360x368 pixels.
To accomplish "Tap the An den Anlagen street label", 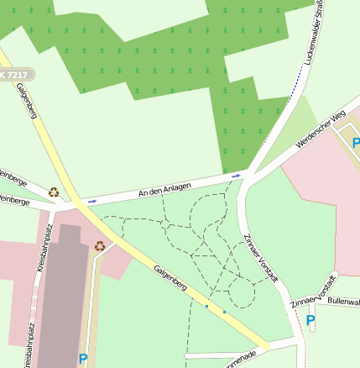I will [164, 190].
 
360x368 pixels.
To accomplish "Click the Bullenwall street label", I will [343, 300].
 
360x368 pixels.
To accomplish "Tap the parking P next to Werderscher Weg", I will [356, 144].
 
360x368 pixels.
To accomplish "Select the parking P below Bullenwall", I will [310, 320].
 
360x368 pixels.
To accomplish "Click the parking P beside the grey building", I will [83, 358].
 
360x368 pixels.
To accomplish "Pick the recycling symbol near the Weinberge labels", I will [54, 192].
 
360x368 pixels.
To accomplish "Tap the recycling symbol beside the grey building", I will [100, 246].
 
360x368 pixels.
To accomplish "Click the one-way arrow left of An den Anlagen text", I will [92, 202].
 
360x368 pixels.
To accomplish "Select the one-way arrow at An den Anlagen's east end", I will [236, 176].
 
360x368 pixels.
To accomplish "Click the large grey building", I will [60, 302].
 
